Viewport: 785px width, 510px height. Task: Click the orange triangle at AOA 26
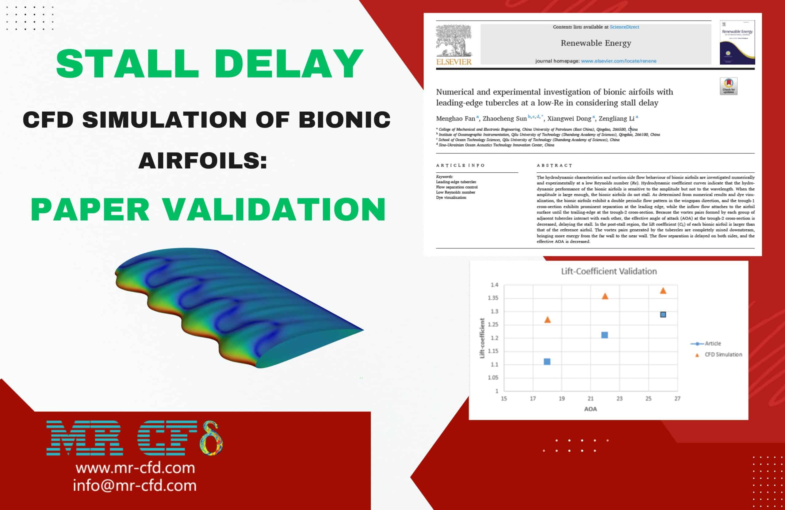(x=663, y=291)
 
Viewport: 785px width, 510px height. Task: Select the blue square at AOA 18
(x=547, y=362)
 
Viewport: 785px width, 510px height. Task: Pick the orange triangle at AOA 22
(x=605, y=296)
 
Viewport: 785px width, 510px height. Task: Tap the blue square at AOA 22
(x=605, y=335)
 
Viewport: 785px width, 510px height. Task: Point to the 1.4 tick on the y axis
(x=494, y=285)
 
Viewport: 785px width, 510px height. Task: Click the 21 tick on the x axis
(x=590, y=398)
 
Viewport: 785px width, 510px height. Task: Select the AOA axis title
(x=590, y=409)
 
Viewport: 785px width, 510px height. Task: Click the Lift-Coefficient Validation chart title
(x=609, y=271)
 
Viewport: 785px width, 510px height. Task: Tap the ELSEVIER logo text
(x=454, y=62)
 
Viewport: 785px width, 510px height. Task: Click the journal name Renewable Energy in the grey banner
(x=596, y=43)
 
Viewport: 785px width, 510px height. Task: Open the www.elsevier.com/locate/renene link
(x=618, y=61)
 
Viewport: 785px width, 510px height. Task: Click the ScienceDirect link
(x=624, y=27)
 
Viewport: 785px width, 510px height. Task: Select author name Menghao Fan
(x=455, y=118)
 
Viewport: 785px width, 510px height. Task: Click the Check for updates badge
(x=729, y=86)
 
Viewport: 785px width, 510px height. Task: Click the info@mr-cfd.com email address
(x=135, y=485)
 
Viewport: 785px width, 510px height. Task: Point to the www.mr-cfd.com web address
(x=135, y=468)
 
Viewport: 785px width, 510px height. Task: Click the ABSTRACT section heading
(x=554, y=165)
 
